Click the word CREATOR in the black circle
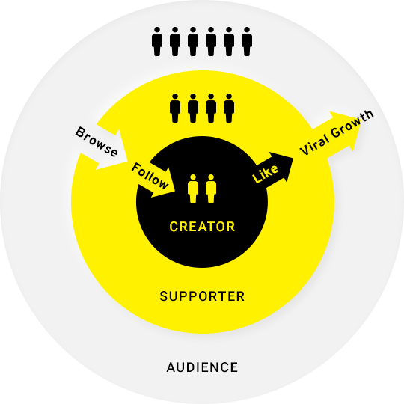(202, 227)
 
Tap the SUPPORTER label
(202, 296)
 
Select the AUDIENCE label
(202, 367)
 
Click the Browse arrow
(102, 147)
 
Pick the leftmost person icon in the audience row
(157, 41)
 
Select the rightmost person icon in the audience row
(247, 41)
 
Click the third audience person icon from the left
(193, 41)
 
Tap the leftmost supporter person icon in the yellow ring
(175, 108)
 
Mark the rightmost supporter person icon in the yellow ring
(229, 108)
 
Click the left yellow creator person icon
(193, 189)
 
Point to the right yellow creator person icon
(211, 189)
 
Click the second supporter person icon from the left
(193, 108)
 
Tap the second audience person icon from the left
(175, 41)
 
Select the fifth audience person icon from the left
(229, 41)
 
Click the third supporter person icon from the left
(211, 108)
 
